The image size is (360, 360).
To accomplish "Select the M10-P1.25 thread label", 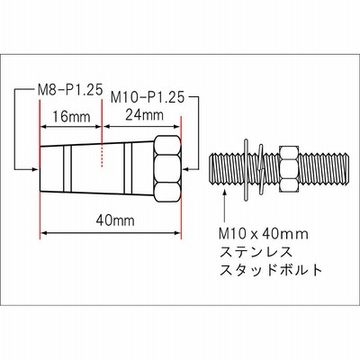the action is (147, 98).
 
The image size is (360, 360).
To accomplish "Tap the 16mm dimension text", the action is (71, 116).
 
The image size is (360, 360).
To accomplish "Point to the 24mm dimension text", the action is (145, 114).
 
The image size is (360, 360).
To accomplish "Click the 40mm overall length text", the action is (115, 221).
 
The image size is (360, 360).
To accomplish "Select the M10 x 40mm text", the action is (264, 234).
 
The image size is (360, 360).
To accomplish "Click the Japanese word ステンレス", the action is (256, 252).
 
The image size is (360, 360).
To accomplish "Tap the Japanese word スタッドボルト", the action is (271, 270).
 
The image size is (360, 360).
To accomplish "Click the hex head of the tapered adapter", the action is (167, 169).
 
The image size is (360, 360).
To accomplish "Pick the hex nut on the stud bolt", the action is (289, 169).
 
